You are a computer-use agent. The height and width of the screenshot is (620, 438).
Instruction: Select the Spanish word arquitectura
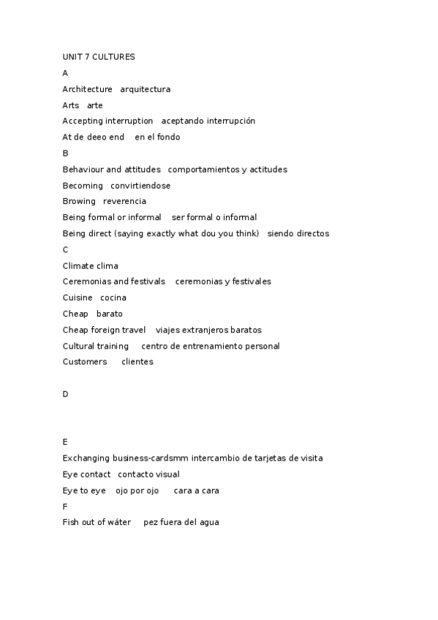point(146,89)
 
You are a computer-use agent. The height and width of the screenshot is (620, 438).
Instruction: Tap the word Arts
point(71,105)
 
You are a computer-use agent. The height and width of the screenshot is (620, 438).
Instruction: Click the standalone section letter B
point(66,153)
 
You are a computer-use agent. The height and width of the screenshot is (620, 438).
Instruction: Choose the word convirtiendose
point(140,186)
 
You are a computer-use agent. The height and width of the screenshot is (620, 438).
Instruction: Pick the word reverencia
point(124,201)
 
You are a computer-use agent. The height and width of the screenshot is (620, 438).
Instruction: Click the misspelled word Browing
point(79,201)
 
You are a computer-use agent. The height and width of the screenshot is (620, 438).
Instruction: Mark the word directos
point(309,234)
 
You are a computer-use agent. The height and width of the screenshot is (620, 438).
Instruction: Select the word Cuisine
point(78,298)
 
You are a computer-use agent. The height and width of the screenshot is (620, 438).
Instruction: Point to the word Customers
point(85,362)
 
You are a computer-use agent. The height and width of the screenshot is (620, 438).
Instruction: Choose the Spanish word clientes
point(137,362)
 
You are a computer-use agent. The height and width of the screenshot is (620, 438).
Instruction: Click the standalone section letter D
point(66,394)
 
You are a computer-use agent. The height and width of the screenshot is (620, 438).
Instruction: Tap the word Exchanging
point(86,458)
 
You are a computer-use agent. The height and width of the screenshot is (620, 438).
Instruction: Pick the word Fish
point(71,523)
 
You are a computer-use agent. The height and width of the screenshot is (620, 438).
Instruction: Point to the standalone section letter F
point(65,507)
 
